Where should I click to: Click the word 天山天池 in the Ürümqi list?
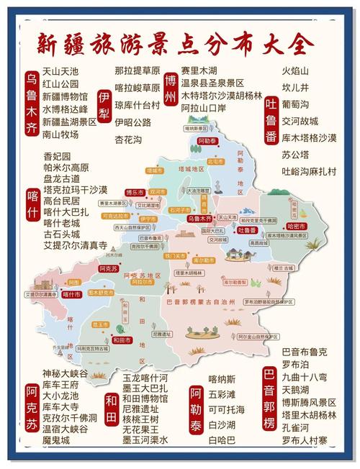point(60,70)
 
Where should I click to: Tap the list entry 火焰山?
point(294,70)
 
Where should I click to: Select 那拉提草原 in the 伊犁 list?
point(137,70)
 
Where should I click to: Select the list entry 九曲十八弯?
point(304,378)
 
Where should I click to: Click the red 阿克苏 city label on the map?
point(107,268)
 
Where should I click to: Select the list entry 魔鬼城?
point(55,440)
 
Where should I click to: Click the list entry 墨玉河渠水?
point(145,440)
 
